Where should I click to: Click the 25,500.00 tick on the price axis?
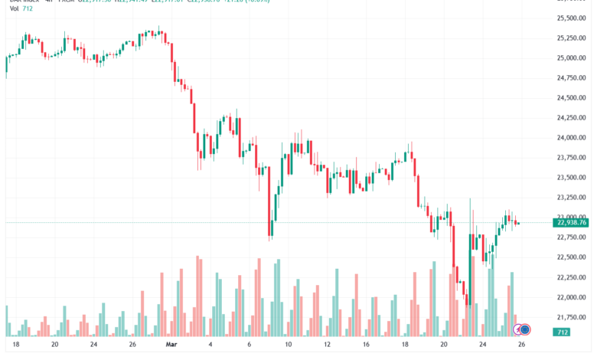[570, 18]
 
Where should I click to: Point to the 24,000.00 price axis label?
[570, 138]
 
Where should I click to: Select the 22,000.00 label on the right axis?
[570, 297]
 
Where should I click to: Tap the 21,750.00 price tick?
[570, 317]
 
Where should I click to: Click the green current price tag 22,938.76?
[570, 223]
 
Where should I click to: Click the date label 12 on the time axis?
[328, 345]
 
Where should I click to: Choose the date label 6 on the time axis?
[248, 345]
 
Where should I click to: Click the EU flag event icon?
[525, 329]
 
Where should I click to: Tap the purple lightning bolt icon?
[518, 329]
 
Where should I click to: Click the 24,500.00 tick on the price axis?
[570, 98]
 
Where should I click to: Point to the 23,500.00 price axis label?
[570, 178]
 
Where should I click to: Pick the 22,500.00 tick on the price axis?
[570, 257]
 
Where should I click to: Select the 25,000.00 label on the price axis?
[570, 58]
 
